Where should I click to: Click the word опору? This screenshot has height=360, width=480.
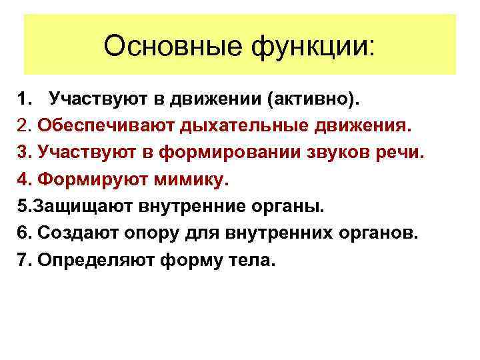point(141,233)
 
